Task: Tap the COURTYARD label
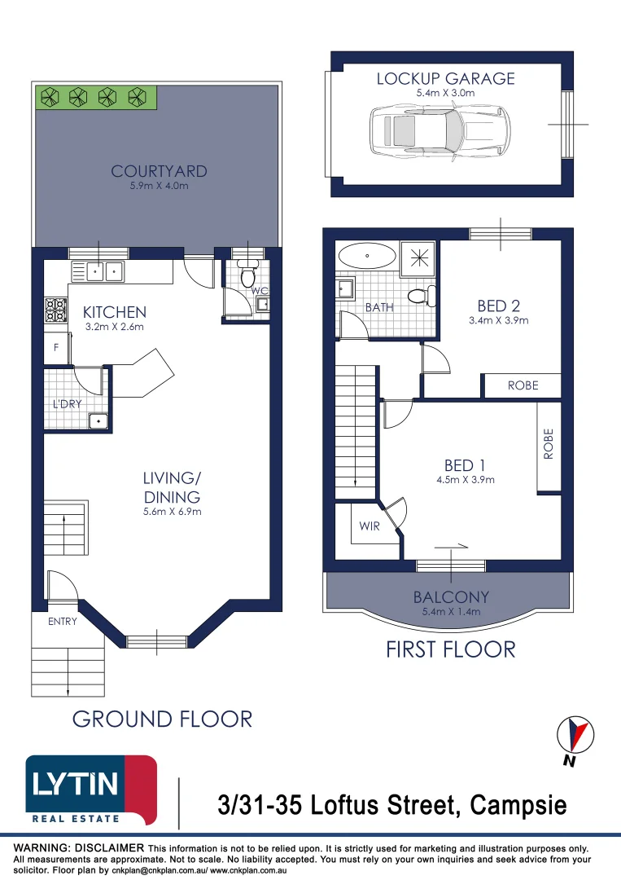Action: pyautogui.click(x=160, y=172)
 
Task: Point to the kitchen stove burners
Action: pyautogui.click(x=55, y=310)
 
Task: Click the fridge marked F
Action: pyautogui.click(x=55, y=347)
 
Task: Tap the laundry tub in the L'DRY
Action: pyautogui.click(x=98, y=420)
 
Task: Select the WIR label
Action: pyautogui.click(x=370, y=526)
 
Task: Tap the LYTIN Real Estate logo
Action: pyautogui.click(x=90, y=790)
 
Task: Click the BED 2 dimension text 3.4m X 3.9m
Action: pyautogui.click(x=499, y=320)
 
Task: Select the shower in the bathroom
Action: pyautogui.click(x=421, y=257)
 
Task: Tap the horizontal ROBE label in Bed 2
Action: pyautogui.click(x=523, y=385)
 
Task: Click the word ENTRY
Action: pyautogui.click(x=63, y=622)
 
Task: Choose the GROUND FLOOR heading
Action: pyautogui.click(x=162, y=719)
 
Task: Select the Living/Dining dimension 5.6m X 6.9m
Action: pyautogui.click(x=172, y=512)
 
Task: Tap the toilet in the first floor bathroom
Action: pyautogui.click(x=421, y=295)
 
